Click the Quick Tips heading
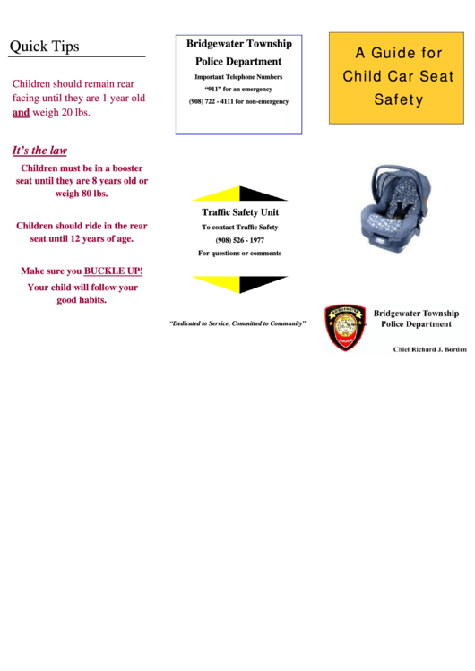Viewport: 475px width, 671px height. tap(45, 47)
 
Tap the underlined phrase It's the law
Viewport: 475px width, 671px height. tap(39, 151)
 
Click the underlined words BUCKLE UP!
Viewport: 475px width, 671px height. tap(113, 271)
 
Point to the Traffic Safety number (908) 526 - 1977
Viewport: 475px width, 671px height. tap(239, 240)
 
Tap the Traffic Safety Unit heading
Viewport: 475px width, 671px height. tap(239, 212)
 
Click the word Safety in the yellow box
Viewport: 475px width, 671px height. tap(398, 99)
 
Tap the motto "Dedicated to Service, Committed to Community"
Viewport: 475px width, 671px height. tap(237, 323)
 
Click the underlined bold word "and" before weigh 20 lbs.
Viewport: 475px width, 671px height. tap(21, 113)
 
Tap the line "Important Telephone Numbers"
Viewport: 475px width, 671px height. tap(238, 77)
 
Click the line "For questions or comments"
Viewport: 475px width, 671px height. tap(239, 253)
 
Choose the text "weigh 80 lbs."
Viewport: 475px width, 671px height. tap(82, 194)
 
